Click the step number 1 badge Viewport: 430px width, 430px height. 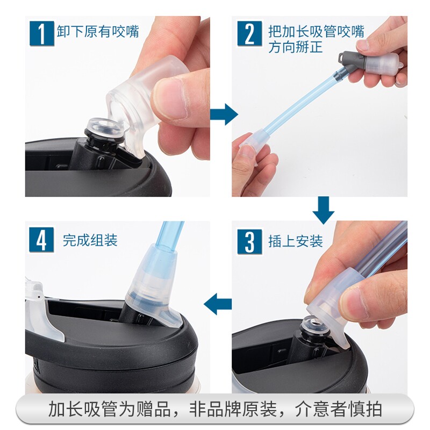[42, 33]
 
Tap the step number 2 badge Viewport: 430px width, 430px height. [249, 33]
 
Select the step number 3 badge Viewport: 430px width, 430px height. [249, 241]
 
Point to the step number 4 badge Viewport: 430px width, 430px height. [41, 240]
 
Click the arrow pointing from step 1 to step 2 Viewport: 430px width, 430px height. [224, 114]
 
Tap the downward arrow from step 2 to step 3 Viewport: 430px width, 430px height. [324, 210]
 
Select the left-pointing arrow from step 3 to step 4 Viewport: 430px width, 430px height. [218, 304]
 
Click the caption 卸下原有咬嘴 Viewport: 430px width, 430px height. [98, 32]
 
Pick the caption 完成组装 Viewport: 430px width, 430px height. [90, 240]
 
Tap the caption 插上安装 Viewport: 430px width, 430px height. [296, 241]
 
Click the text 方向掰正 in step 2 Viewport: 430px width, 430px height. [296, 47]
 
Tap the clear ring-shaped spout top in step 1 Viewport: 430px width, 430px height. [105, 127]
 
